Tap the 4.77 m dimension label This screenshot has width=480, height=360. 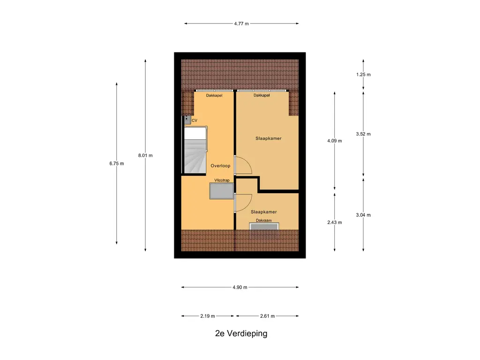[x=241, y=23]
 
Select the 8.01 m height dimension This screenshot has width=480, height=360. [x=145, y=156]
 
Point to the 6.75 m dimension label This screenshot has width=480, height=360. [x=116, y=164]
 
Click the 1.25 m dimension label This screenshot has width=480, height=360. [x=363, y=75]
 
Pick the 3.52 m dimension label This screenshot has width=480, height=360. [x=363, y=134]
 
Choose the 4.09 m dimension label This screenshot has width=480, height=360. [x=335, y=141]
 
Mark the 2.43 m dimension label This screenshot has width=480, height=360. [x=335, y=222]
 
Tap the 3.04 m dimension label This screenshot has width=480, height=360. [x=363, y=215]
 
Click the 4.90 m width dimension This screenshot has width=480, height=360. [x=240, y=287]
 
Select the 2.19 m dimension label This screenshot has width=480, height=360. [x=207, y=316]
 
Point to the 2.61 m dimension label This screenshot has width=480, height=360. [x=267, y=316]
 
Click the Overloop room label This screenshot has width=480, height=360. [x=220, y=166]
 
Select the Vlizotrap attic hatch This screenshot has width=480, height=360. [x=221, y=191]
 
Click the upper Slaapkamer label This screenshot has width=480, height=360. [x=269, y=139]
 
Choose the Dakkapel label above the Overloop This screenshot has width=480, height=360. [x=214, y=96]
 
